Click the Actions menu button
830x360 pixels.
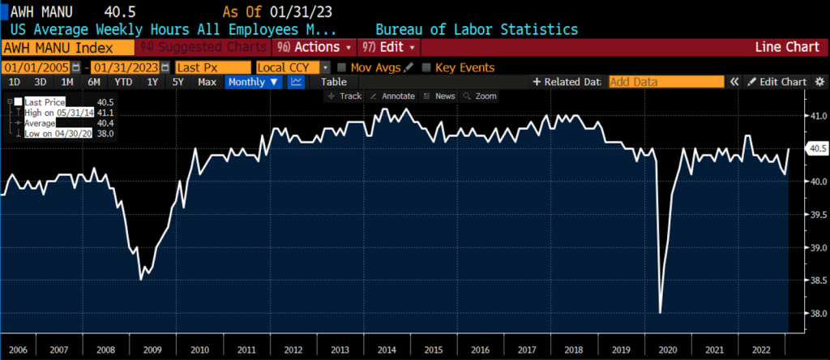pyautogui.click(x=314, y=48)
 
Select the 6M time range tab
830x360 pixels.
pyautogui.click(x=94, y=82)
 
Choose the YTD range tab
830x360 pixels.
pyautogui.click(x=123, y=82)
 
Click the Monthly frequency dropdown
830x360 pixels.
pyautogui.click(x=254, y=82)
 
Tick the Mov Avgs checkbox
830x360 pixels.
pyautogui.click(x=342, y=67)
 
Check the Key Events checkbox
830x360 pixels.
pyautogui.click(x=427, y=67)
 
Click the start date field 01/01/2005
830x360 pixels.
pyautogui.click(x=37, y=67)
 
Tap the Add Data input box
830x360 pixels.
pyautogui.click(x=665, y=82)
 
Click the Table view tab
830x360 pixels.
pyautogui.click(x=333, y=82)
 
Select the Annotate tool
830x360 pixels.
pyautogui.click(x=392, y=96)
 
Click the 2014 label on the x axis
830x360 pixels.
pyautogui.click(x=387, y=349)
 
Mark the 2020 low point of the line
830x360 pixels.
pyautogui.click(x=660, y=312)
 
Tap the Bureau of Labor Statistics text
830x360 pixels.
pyautogui.click(x=477, y=29)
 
